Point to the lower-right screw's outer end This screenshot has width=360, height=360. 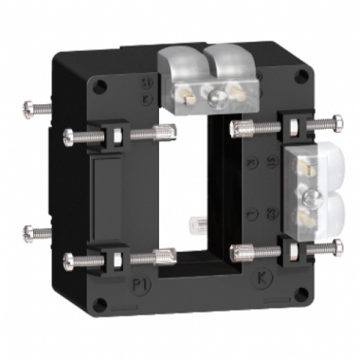pos(338,248)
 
